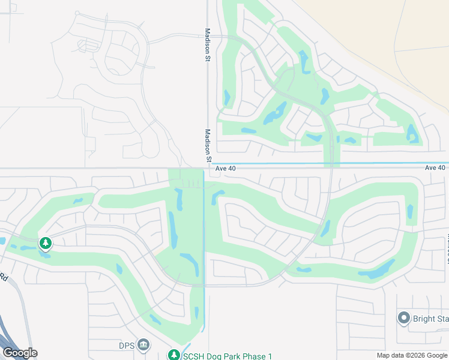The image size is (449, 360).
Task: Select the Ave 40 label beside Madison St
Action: coord(226,169)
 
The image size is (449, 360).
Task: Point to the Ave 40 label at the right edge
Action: coord(435,167)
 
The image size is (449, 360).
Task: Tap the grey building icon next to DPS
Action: coord(143,344)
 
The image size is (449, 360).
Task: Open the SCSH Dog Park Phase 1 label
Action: coord(228,355)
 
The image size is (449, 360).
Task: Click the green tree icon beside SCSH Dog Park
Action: coord(173,355)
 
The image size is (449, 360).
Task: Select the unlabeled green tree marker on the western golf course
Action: coord(45,243)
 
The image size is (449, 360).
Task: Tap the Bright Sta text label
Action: coord(430,318)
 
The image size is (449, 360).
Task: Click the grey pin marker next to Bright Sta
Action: coord(403,318)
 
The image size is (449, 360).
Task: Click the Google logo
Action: coord(20,352)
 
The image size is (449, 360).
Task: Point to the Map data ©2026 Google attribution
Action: coord(411,355)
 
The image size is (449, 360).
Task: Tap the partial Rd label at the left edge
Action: coord(4,277)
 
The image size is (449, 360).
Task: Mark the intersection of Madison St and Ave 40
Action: coord(208,168)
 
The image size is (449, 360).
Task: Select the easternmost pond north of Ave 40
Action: coord(412,133)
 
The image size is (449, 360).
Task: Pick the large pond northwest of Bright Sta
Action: coord(376,271)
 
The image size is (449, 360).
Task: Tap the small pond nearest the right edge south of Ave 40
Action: coord(410,211)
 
